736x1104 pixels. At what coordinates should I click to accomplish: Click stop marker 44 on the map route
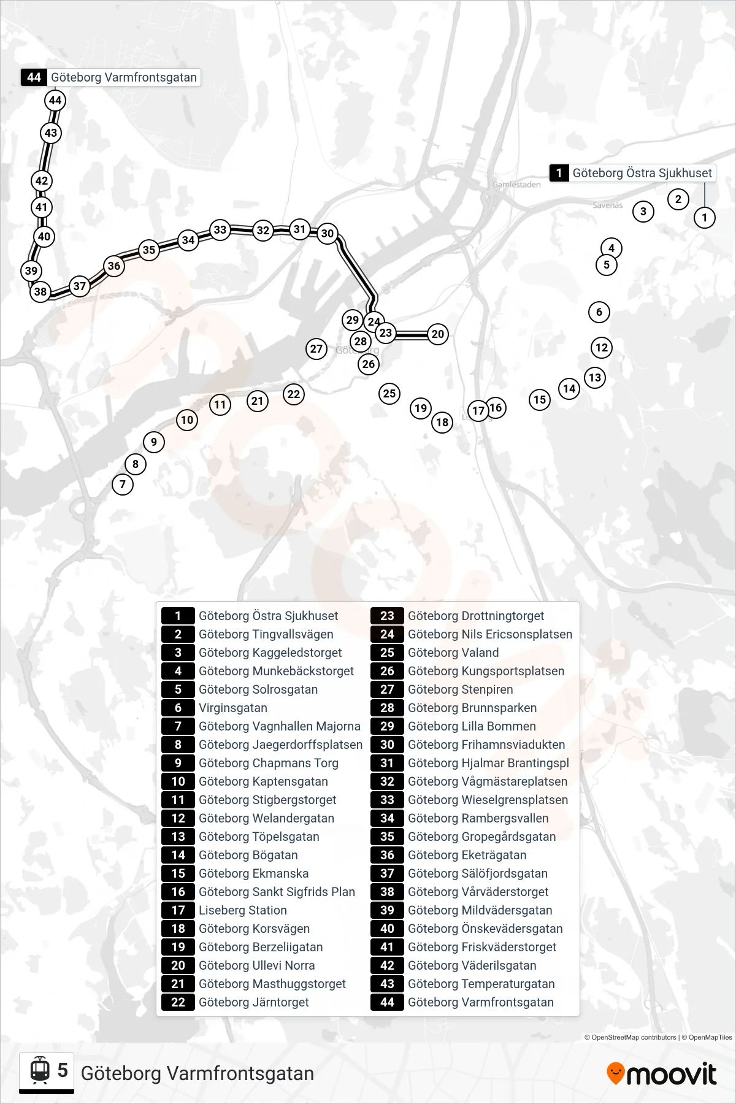click(x=55, y=101)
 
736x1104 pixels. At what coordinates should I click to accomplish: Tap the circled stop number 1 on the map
click(x=704, y=217)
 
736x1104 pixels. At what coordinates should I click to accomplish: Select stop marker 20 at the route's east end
click(x=437, y=334)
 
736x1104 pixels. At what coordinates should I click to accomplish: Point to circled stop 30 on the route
click(x=328, y=233)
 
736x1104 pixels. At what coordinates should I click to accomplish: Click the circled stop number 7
click(x=123, y=485)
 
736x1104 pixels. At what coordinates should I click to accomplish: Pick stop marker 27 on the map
click(x=316, y=349)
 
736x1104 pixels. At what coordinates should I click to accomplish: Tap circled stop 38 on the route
click(x=40, y=291)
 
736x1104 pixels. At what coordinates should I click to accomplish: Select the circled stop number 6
click(x=599, y=312)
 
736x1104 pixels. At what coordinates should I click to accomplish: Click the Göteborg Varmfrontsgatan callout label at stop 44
click(x=111, y=77)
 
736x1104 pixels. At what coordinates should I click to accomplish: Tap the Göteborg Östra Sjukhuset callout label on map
click(x=633, y=173)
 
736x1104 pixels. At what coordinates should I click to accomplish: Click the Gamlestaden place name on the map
click(x=516, y=185)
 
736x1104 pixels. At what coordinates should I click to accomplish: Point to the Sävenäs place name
click(x=607, y=205)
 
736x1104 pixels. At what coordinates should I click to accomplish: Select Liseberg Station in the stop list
click(x=243, y=910)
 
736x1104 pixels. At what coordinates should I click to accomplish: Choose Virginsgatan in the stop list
click(x=233, y=708)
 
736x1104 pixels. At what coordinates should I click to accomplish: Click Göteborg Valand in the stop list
click(x=453, y=653)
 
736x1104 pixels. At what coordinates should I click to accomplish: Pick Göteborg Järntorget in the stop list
click(x=254, y=1002)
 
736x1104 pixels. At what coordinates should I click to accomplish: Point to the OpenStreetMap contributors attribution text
click(x=630, y=1037)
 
